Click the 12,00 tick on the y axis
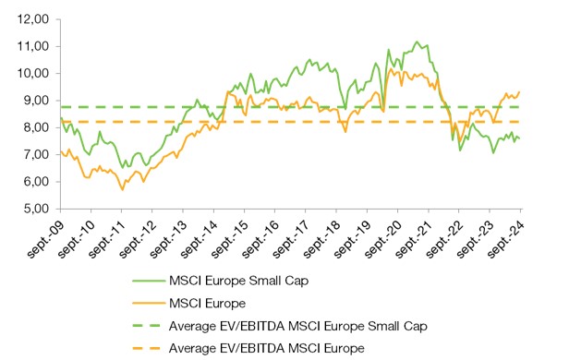click(31, 18)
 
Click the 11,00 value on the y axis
click(31, 46)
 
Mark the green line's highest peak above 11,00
click(418, 42)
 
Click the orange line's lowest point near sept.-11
click(122, 189)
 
